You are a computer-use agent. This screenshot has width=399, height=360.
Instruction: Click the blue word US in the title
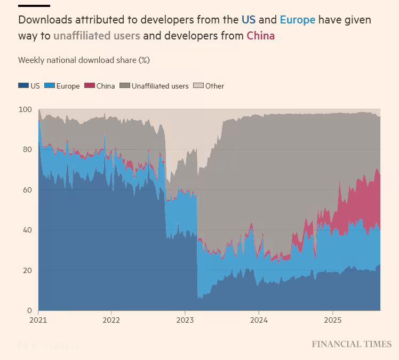249,20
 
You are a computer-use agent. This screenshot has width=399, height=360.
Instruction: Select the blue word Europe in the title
297,20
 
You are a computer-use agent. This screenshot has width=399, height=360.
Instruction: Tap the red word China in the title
260,36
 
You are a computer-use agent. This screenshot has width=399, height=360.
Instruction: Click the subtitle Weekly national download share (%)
84,60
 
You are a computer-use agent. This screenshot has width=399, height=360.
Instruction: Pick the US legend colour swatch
23,86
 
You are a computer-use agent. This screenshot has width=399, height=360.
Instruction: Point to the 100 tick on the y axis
25,109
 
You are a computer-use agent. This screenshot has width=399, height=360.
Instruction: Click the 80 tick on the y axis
27,150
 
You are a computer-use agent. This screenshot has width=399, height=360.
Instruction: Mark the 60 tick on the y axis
27,190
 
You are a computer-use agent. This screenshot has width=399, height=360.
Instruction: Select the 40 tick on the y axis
27,230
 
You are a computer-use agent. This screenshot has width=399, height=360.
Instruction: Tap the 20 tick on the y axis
27,270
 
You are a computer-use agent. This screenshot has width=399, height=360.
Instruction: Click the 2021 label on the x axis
38,321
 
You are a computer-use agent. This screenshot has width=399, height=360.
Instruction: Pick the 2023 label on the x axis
185,321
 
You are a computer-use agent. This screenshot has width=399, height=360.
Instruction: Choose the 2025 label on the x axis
332,321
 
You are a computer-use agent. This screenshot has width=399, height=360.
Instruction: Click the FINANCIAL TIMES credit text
352,345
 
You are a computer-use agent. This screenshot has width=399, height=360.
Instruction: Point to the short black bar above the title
34,6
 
